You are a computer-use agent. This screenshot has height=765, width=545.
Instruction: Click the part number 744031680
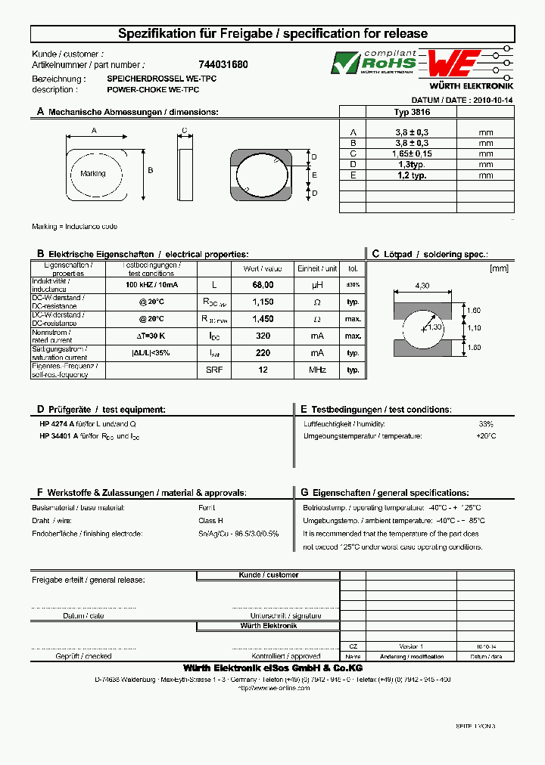point(223,65)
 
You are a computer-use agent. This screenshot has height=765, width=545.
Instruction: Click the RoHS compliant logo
point(374,62)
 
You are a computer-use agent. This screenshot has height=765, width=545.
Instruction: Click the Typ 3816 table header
point(412,112)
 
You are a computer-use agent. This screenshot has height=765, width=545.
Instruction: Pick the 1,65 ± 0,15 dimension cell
point(412,153)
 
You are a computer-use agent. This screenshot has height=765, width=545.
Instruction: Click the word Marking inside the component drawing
point(93,174)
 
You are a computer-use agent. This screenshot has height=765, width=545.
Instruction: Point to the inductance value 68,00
point(263,285)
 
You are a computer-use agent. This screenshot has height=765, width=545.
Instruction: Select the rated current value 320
point(263,336)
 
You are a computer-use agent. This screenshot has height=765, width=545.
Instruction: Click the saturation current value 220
point(263,353)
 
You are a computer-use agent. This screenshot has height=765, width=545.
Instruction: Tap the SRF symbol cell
point(213,370)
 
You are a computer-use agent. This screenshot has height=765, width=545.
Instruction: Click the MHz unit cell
point(317,370)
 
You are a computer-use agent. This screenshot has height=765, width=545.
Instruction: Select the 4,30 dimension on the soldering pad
point(422,286)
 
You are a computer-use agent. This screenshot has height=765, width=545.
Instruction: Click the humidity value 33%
point(485,424)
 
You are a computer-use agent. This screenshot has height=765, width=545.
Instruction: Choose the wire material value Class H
point(210,521)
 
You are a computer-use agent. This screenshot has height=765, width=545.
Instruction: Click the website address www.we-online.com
point(273,688)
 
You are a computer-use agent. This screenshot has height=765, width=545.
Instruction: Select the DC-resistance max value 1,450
point(263,319)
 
